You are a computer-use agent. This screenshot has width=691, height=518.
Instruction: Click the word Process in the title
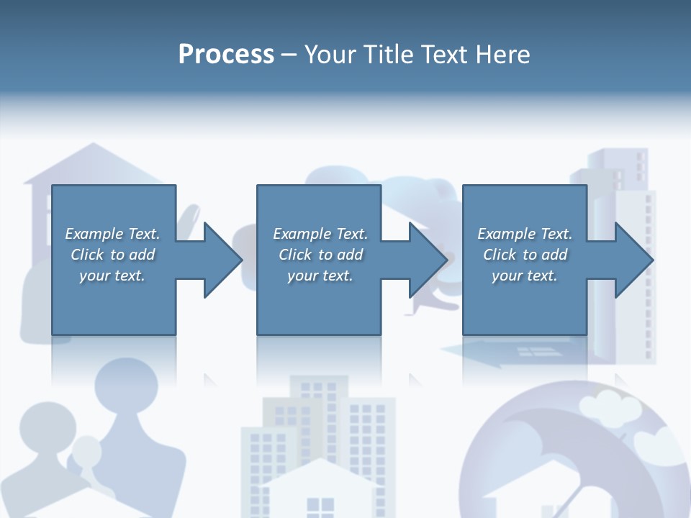(226, 54)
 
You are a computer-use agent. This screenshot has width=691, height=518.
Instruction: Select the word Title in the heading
(389, 54)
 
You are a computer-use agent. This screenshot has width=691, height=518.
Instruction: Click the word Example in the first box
(94, 234)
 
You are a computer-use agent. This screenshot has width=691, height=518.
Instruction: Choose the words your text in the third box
(524, 276)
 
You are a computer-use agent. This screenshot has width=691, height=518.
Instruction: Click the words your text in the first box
(112, 276)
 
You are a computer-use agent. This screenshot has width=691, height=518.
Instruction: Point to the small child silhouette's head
(88, 452)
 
